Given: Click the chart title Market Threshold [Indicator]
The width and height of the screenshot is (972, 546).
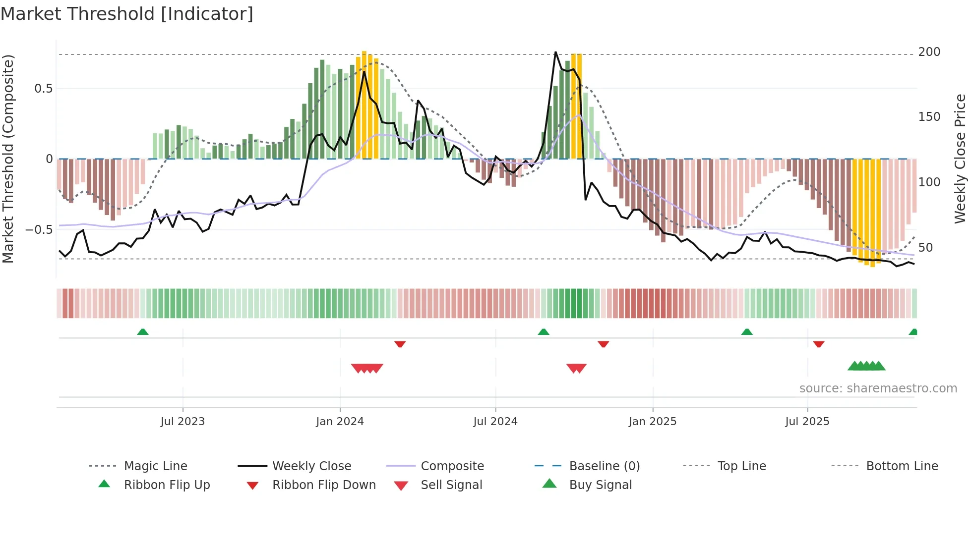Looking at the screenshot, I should tap(127, 14).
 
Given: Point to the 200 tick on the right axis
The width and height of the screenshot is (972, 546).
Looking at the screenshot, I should tap(929, 52).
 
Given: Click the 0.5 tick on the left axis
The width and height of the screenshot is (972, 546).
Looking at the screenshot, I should tap(43, 89).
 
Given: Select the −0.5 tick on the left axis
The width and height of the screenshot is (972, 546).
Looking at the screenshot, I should tap(39, 230).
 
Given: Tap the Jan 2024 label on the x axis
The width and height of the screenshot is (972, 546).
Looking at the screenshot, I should tap(340, 422).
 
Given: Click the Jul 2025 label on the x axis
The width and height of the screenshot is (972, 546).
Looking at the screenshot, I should tap(807, 422).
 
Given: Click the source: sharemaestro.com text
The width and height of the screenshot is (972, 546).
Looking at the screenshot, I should tap(878, 388).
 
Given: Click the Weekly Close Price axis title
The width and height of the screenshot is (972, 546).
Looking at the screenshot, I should tap(960, 159).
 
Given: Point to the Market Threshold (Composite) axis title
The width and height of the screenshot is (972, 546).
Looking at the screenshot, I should tap(8, 159).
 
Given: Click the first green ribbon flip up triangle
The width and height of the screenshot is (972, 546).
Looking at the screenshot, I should tap(143, 332).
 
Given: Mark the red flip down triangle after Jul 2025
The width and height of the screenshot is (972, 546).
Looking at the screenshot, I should tap(819, 344).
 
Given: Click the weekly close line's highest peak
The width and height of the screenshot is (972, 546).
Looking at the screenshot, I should tap(555, 52).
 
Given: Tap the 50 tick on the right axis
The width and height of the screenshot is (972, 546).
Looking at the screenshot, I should tap(925, 248).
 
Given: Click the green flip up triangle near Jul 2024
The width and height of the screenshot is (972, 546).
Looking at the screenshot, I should tap(544, 332).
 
